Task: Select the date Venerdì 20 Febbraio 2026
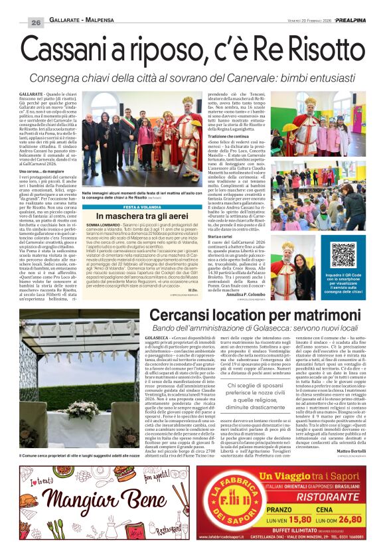pos(297,21)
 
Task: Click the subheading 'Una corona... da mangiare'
pos(48,171)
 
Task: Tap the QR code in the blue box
pos(343,255)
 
